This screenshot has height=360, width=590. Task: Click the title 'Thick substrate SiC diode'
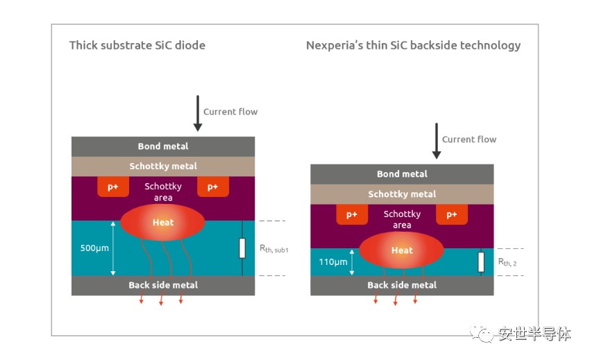click(137, 46)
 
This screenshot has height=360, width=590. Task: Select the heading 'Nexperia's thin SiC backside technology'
click(413, 46)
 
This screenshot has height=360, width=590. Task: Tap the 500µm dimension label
click(94, 248)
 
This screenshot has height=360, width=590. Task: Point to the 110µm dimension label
click(333, 262)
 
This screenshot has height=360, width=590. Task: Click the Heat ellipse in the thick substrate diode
click(162, 223)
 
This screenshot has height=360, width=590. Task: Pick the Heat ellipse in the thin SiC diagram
click(401, 250)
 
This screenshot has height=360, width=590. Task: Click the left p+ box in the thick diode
click(113, 187)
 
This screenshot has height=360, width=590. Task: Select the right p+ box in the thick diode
click(213, 187)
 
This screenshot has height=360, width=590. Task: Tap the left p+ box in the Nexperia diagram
click(352, 214)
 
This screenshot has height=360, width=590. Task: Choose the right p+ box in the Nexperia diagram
click(452, 214)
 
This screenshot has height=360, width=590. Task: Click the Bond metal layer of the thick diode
click(163, 147)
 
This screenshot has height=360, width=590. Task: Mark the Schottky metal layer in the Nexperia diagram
click(402, 194)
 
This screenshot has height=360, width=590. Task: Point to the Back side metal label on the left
click(163, 285)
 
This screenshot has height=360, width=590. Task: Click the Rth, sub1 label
click(274, 249)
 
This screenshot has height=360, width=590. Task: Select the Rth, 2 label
click(507, 262)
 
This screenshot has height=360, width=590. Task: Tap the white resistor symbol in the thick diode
click(242, 248)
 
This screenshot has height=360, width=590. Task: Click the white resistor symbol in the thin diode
click(481, 262)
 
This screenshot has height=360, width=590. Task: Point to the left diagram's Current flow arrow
click(198, 113)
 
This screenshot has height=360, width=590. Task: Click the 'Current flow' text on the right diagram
click(469, 139)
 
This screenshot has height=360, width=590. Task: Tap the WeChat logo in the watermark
click(482, 332)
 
